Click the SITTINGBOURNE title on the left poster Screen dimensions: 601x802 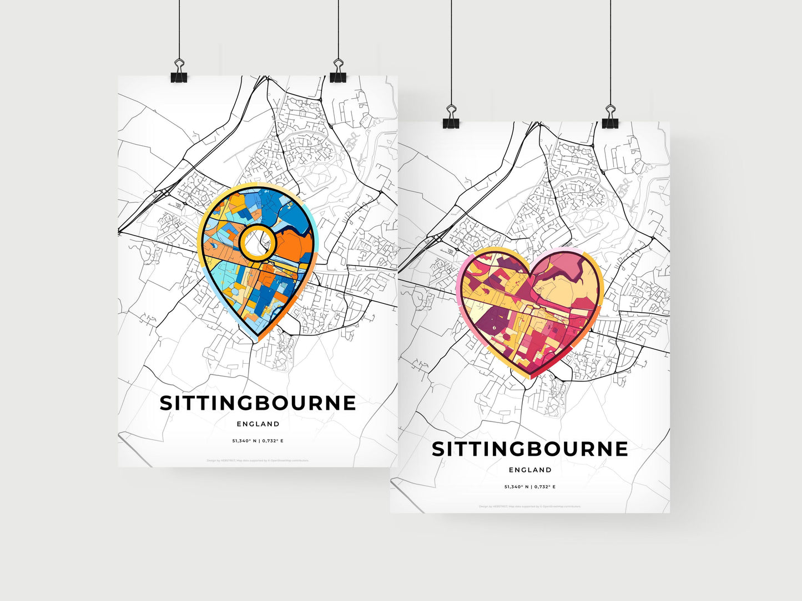point(258,403)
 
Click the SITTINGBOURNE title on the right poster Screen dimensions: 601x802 point(529,449)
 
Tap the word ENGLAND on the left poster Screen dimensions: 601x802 point(258,424)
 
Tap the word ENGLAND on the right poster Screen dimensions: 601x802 point(530,470)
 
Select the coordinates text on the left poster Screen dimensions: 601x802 point(258,441)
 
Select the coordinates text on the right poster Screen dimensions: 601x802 point(529,487)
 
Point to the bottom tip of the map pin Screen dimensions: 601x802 point(256,339)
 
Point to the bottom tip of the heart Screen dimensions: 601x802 point(530,378)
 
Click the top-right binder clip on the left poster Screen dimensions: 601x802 point(338,74)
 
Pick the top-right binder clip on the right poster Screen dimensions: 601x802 point(611,120)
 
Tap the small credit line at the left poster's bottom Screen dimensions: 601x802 point(258,460)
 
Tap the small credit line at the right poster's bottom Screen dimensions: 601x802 point(529,506)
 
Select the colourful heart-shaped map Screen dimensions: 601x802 point(529,310)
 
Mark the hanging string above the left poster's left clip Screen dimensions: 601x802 point(179,28)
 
